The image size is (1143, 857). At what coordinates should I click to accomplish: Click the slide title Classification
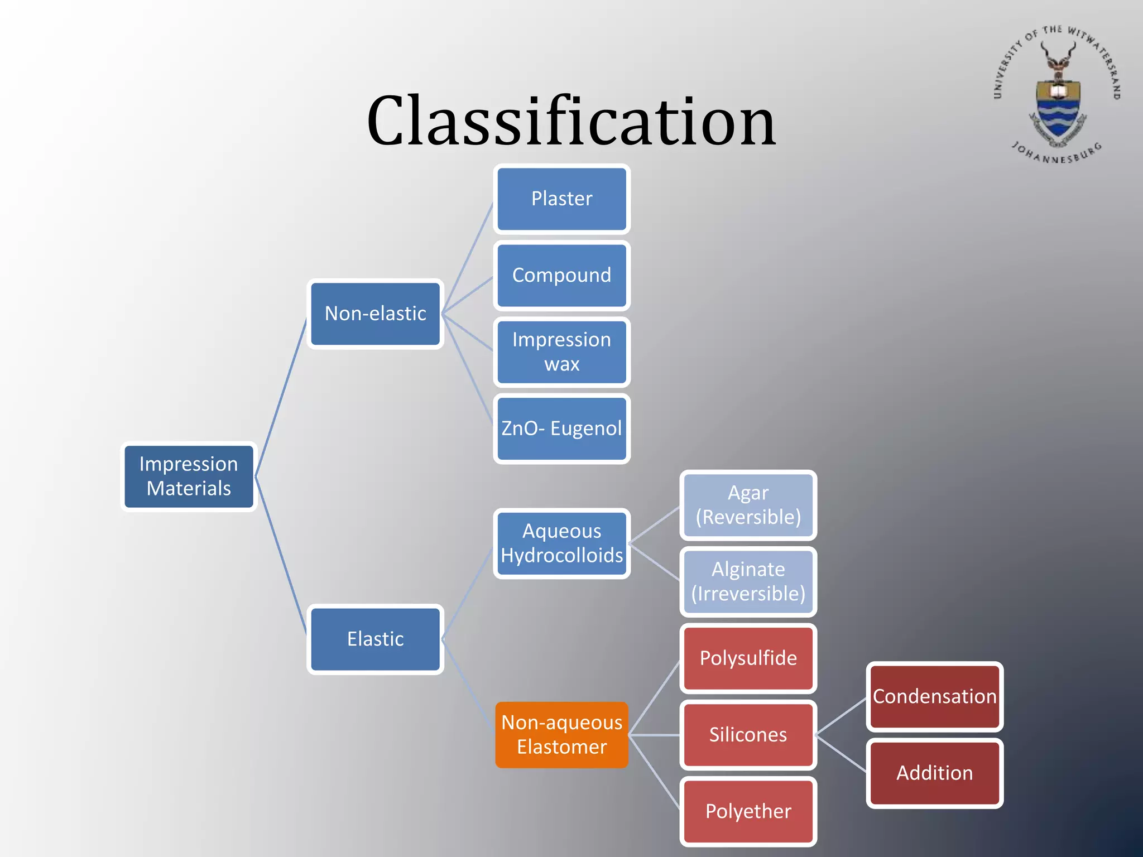click(571, 121)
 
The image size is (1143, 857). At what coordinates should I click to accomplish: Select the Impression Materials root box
click(189, 476)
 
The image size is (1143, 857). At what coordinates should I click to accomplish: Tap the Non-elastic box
click(375, 314)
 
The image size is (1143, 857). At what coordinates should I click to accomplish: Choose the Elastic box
click(375, 639)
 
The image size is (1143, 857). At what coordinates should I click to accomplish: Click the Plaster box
click(561, 199)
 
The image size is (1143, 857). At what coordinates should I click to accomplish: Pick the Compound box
click(561, 275)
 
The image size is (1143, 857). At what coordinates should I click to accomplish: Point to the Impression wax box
click(561, 352)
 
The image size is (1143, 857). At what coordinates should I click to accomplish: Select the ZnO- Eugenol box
click(561, 428)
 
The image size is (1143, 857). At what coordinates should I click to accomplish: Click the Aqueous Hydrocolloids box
click(561, 543)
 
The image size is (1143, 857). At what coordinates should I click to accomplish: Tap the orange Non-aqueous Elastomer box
click(561, 735)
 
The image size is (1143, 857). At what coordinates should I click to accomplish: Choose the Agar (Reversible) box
click(748, 505)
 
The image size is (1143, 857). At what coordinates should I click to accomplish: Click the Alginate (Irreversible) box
click(748, 581)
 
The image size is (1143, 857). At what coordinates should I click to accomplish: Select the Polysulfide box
click(748, 658)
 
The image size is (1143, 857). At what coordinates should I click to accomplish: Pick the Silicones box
click(748, 735)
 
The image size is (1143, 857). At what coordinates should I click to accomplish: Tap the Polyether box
click(748, 811)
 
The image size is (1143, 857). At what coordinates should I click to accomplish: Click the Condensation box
click(934, 696)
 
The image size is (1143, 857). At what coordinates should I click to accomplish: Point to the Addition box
click(934, 773)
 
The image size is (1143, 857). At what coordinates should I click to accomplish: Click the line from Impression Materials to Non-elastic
click(281, 397)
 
